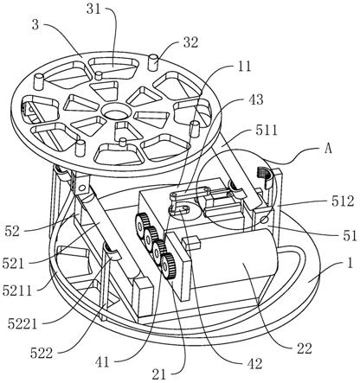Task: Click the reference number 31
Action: coord(93,10)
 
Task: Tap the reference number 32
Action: coord(190,43)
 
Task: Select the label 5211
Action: coord(16,290)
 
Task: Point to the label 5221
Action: coord(22,324)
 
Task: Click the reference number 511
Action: coord(266,131)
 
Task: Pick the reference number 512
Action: coord(343,201)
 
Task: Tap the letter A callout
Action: coord(327,149)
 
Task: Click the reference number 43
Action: coord(255,99)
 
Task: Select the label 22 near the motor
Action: coord(305,348)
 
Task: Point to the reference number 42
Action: coord(254,364)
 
